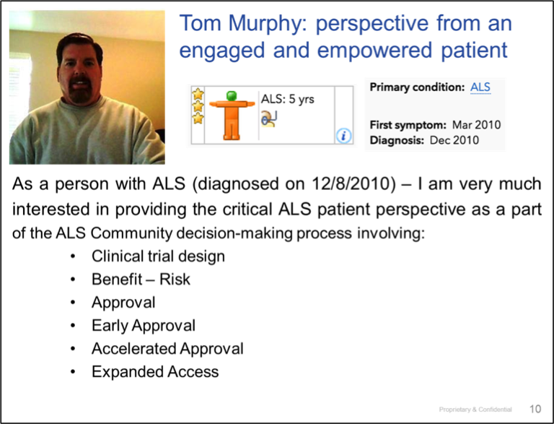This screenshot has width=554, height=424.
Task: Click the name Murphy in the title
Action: pyautogui.click(x=268, y=24)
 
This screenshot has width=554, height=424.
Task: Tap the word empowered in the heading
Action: pyautogui.click(x=375, y=51)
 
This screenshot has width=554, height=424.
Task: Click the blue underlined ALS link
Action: pyautogui.click(x=480, y=87)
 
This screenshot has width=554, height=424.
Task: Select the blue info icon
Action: pyautogui.click(x=343, y=136)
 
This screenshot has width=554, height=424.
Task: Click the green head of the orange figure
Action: pyautogui.click(x=232, y=95)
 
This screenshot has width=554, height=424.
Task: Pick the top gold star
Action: pyautogui.click(x=198, y=94)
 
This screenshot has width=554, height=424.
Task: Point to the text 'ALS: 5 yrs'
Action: pyautogui.click(x=288, y=99)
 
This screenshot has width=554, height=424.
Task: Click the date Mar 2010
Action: pyautogui.click(x=476, y=125)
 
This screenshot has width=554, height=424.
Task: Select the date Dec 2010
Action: pyautogui.click(x=454, y=140)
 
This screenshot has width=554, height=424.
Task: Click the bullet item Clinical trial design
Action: pyautogui.click(x=158, y=256)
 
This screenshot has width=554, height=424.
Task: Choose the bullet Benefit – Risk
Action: pyautogui.click(x=141, y=280)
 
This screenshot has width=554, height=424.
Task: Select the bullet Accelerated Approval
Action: pyautogui.click(x=167, y=349)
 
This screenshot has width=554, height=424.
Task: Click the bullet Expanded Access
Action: pyautogui.click(x=155, y=371)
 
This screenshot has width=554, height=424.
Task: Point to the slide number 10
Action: pyautogui.click(x=535, y=409)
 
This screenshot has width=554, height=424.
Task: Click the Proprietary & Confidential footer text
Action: pyautogui.click(x=475, y=410)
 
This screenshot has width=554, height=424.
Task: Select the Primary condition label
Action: pyautogui.click(x=417, y=87)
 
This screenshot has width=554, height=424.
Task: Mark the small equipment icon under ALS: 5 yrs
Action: pyautogui.click(x=269, y=118)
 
